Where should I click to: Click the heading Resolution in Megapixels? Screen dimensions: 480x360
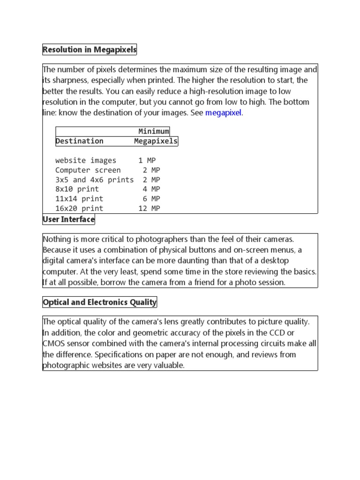point(90,49)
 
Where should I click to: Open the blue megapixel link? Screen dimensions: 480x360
point(224,113)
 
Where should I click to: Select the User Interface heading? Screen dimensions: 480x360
point(68,219)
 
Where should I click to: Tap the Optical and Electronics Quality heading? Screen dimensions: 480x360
point(99,302)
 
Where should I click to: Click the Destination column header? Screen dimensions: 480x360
point(79,141)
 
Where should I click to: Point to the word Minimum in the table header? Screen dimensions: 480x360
point(153,131)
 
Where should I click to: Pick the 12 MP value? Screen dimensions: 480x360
point(149,209)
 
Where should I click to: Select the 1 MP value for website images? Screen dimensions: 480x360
point(149,160)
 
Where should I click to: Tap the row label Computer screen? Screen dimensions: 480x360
point(88,170)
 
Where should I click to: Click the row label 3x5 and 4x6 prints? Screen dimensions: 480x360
point(94,180)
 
